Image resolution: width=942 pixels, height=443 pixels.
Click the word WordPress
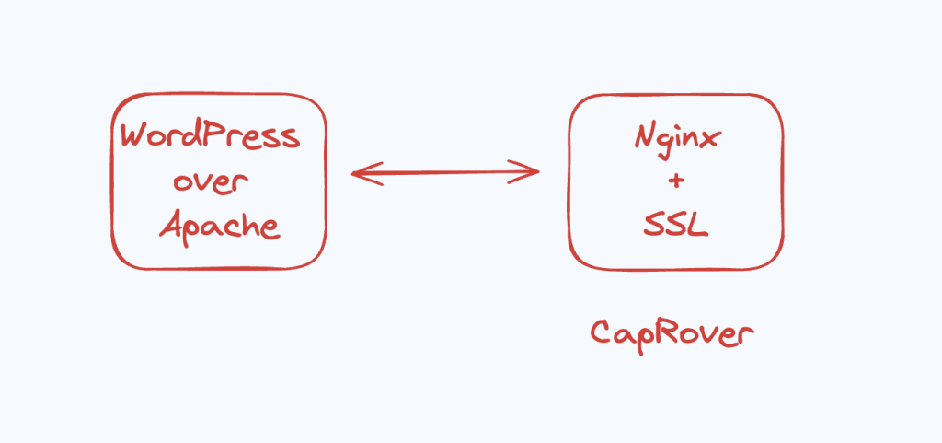[x=211, y=137]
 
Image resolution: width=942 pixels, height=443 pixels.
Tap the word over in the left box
[x=211, y=181]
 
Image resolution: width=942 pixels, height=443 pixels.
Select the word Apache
[x=219, y=224]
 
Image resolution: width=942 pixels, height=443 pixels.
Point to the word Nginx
[x=677, y=139]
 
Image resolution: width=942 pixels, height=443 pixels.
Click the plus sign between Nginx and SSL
[x=676, y=181]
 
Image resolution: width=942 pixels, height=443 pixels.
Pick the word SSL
[x=676, y=225]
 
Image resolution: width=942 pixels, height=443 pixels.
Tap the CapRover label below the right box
[x=672, y=332]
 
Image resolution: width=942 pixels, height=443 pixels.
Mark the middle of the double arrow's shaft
[x=446, y=171]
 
